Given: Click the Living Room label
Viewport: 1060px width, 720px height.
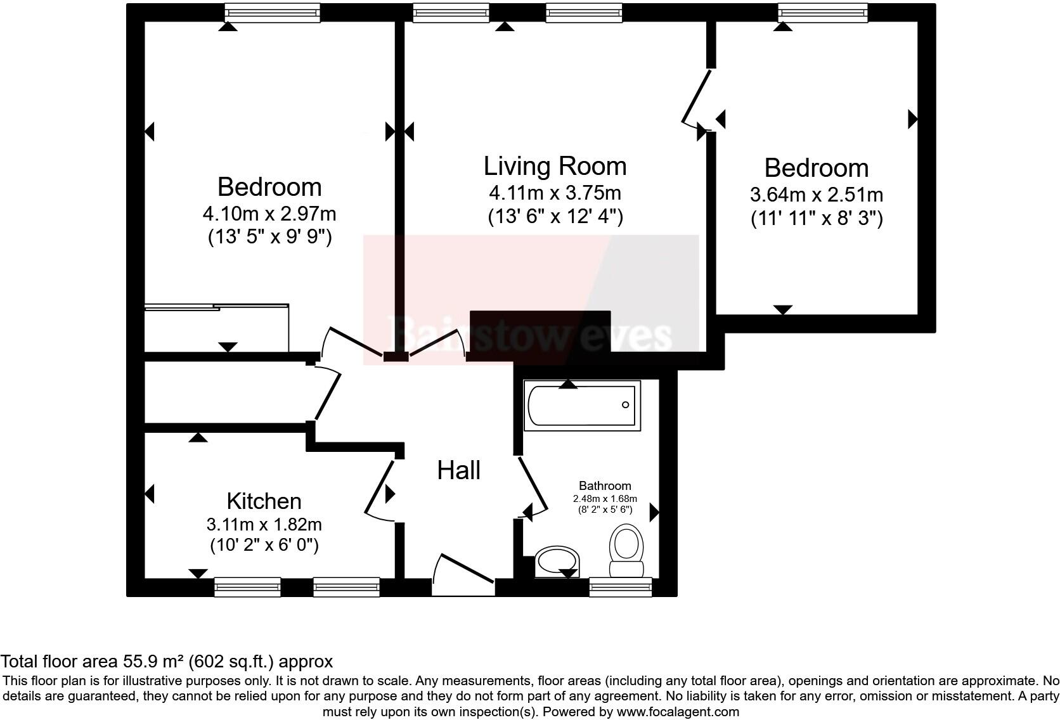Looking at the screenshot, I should tap(555, 166).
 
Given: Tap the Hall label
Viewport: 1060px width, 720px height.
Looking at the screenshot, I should tap(459, 470).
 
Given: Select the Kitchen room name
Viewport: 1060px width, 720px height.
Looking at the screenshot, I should tap(264, 501).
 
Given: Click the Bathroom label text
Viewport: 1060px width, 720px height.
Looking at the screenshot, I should tap(605, 485).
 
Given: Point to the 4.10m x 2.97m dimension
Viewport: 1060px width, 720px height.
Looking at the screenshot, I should tap(269, 212).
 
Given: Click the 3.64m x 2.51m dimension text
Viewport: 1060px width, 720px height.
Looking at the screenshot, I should tap(817, 194).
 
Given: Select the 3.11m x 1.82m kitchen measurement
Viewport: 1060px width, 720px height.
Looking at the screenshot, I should tap(264, 525).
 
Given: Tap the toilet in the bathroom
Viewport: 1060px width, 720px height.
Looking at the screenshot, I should tap(626, 550).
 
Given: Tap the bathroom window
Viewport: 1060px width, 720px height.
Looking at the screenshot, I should tap(620, 587).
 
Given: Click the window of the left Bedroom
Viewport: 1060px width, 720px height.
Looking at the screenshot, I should tap(273, 12).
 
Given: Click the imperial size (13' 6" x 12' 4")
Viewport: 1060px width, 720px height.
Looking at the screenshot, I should tap(555, 217).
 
